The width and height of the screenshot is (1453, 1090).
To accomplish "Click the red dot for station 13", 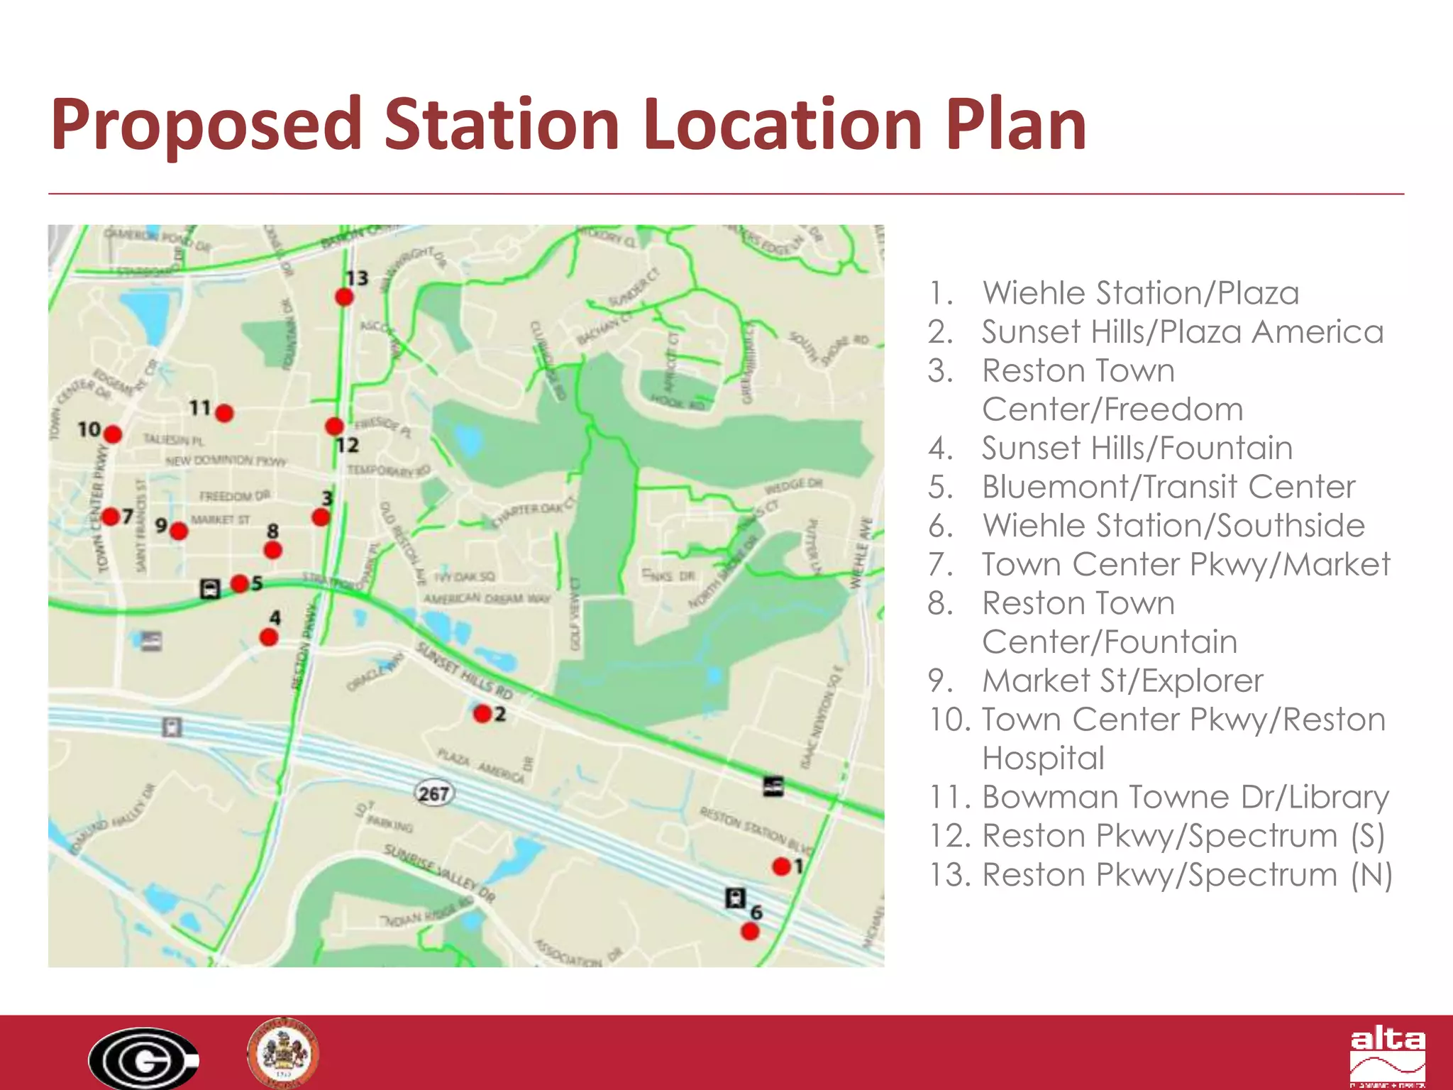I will click(x=344, y=297).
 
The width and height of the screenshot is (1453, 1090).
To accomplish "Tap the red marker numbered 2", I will click(x=482, y=713).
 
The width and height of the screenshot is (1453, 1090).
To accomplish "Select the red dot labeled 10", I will click(x=112, y=434).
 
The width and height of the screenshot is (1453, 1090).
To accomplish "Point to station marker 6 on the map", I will click(x=749, y=931).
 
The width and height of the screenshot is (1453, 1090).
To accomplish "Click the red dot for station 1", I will click(x=781, y=866).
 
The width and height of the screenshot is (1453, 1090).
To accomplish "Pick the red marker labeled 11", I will click(x=224, y=413).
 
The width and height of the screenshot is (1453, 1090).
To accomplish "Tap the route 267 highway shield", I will click(x=433, y=793).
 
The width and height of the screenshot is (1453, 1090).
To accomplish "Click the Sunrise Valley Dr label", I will click(x=440, y=873).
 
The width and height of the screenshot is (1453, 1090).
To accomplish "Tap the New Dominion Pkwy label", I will click(x=226, y=461).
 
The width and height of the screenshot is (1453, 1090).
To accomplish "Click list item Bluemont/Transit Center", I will click(x=1168, y=487).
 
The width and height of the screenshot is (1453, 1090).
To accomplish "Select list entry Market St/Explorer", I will click(x=1122, y=681).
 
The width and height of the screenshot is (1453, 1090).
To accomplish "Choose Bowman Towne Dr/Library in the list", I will click(x=1185, y=797).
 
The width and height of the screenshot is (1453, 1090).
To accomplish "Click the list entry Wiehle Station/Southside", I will click(x=1173, y=526).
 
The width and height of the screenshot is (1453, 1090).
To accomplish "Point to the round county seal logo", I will click(x=282, y=1053).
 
